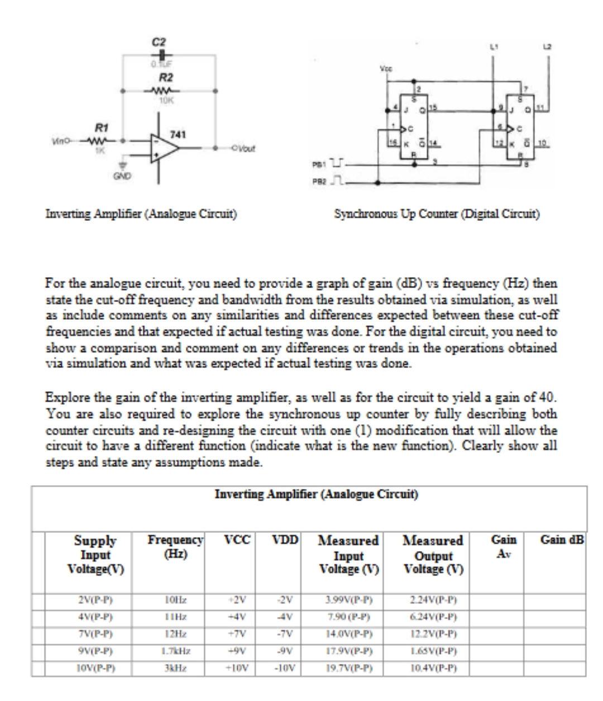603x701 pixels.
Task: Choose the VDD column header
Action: click(x=287, y=541)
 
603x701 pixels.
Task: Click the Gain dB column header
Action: click(x=562, y=541)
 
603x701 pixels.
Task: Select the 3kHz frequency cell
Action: click(x=175, y=667)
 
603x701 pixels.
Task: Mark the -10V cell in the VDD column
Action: click(x=287, y=667)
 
